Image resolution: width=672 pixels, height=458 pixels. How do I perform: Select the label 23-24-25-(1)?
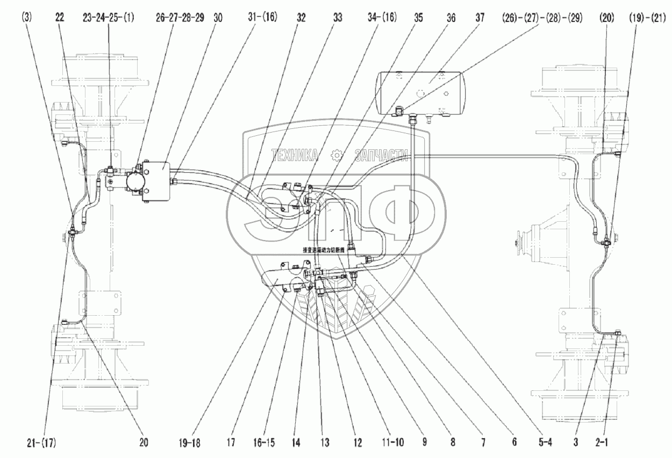tap(109, 17)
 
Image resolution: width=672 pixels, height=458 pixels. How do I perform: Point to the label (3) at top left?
tap(27, 17)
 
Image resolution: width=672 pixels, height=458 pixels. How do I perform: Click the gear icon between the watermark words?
tap(338, 155)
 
